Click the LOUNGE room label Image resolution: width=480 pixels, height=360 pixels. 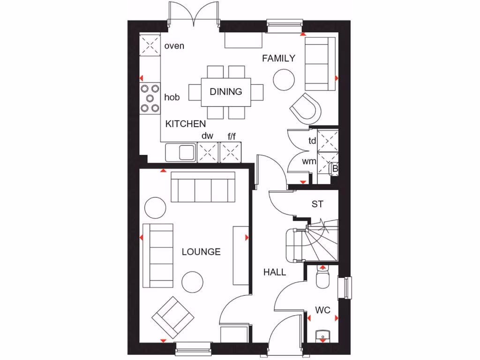point(201,252)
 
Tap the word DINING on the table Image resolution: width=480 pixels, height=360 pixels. point(226,91)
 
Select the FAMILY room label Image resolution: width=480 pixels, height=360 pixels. point(278,58)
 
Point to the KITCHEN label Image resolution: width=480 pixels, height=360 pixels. point(186,124)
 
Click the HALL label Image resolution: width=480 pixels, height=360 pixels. point(275,272)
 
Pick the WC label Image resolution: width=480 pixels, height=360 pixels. point(322,310)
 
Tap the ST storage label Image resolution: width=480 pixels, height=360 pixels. point(317,204)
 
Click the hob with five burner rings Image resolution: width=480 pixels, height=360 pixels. point(150,98)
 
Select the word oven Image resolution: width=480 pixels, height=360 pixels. point(174,46)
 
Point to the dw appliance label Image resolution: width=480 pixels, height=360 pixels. point(207,136)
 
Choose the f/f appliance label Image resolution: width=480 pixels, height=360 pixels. point(232,136)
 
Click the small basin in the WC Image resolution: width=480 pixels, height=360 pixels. point(322,335)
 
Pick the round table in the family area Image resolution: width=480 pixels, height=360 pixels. point(284,80)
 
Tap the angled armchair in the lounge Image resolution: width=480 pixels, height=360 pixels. point(172,317)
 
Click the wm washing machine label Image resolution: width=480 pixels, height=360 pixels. point(309,162)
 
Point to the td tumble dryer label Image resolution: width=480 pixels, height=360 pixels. point(312,141)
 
